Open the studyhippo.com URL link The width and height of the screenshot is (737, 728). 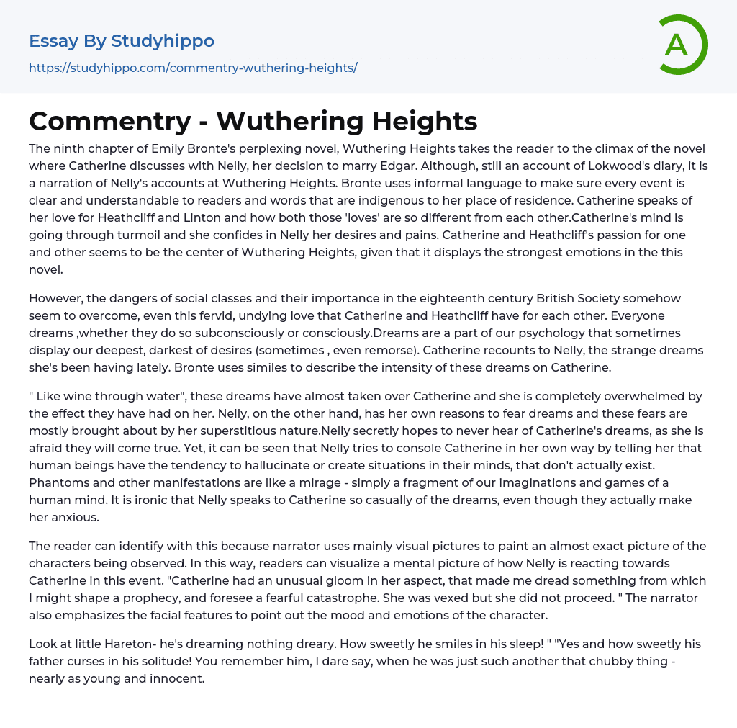(193, 68)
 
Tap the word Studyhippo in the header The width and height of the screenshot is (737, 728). (163, 41)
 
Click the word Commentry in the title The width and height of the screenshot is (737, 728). (107, 121)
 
